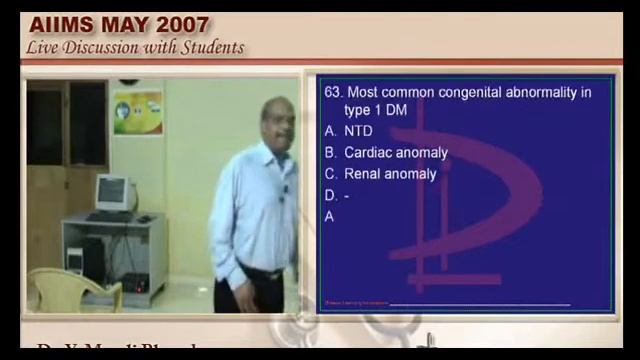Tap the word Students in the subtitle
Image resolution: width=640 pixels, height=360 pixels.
point(207,47)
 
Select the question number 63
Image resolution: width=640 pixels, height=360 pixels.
point(333,92)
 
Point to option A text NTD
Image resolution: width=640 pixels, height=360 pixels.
point(358,131)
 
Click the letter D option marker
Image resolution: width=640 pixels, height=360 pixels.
point(330,195)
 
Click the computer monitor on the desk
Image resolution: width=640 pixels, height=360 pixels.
point(111,191)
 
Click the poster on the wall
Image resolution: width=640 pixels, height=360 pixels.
point(137,113)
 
